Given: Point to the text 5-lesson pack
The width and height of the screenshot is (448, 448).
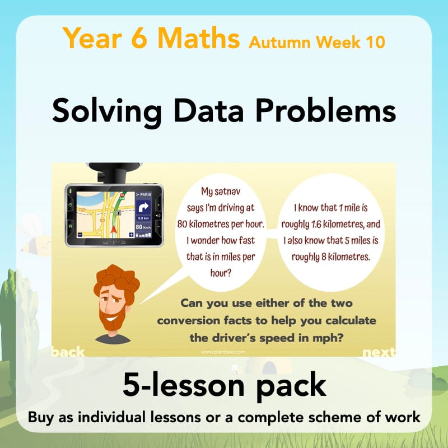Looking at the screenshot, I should [x=224, y=386].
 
